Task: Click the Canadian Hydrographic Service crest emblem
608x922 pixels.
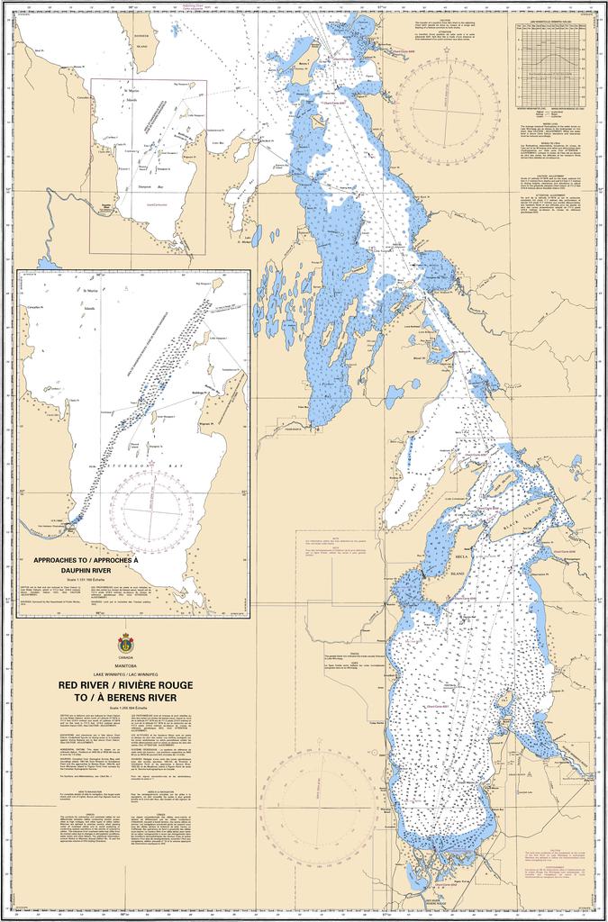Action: [x=125, y=644]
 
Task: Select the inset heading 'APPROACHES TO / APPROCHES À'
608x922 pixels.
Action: [x=86, y=559]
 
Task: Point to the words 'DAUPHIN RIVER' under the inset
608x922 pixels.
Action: [x=86, y=571]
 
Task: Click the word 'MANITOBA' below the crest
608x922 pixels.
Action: [x=125, y=665]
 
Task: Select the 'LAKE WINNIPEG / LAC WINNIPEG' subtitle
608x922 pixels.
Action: [x=125, y=674]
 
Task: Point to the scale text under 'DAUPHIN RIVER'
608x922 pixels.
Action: [x=86, y=579]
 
